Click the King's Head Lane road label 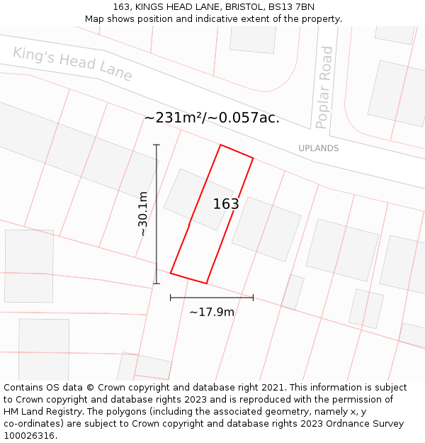[72, 64]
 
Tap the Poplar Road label [324, 87]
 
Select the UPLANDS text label [318, 148]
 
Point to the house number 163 [226, 204]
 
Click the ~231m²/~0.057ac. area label [212, 118]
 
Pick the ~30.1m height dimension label [142, 214]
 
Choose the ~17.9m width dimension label [212, 312]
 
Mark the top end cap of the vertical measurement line [157, 145]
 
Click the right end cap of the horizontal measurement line [253, 298]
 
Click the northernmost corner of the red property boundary [221, 145]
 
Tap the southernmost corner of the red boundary [206, 284]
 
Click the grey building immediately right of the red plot [266, 228]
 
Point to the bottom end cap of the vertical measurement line [157, 284]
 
